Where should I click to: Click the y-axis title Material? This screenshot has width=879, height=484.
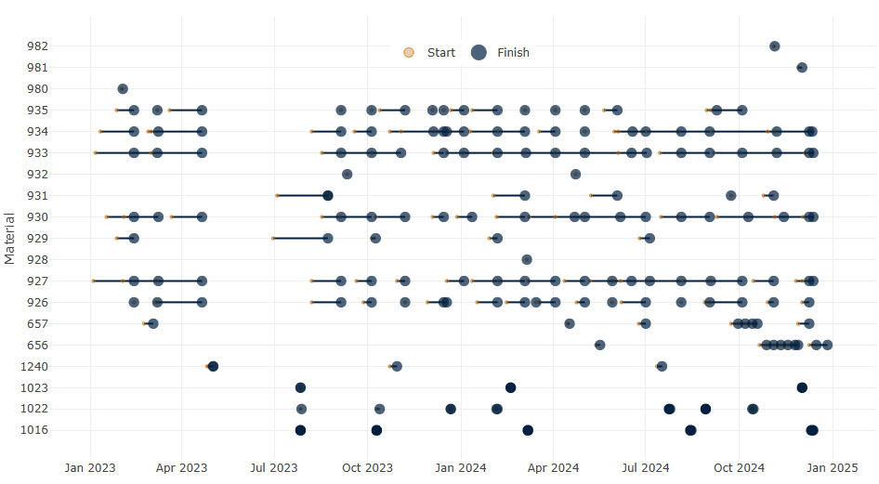coord(10,238)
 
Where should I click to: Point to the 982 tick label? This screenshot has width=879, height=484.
coord(38,46)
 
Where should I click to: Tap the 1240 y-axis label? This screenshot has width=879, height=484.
coord(35,366)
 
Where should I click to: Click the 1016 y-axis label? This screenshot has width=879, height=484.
coord(35,430)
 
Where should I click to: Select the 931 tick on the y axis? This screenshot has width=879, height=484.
coord(38,195)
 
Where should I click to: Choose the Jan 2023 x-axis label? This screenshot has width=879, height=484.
coord(90,467)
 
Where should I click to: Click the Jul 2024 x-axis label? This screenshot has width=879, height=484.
coord(645,467)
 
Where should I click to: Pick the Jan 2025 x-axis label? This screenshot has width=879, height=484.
coord(832,467)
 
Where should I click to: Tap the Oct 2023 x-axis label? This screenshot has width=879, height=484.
coord(367,467)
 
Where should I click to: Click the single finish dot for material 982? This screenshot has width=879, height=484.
coord(774,46)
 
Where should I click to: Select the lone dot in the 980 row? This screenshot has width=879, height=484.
coord(123,89)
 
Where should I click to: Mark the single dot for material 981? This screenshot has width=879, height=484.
coord(802,67)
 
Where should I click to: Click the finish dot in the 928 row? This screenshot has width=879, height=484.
coord(527,259)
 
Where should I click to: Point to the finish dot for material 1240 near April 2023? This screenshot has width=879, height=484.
coord(213,366)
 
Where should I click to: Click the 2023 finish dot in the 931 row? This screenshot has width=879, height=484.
coord(328,195)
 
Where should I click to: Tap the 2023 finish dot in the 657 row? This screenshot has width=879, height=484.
coord(153,323)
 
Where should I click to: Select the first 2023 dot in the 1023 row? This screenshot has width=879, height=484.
coord(300,387)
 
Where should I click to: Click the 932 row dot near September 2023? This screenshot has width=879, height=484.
coord(347,174)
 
